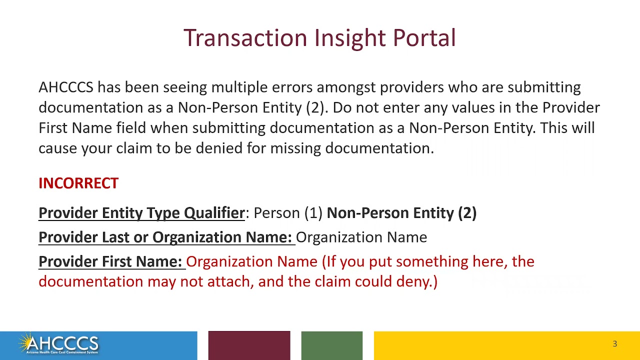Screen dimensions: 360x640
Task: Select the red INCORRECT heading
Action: [78, 183]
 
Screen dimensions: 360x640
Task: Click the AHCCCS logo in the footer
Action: [59, 344]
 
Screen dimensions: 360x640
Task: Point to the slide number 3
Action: [614, 344]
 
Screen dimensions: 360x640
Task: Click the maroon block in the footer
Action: [249, 345]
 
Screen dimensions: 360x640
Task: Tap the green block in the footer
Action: [331, 345]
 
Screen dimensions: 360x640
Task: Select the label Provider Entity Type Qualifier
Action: [141, 213]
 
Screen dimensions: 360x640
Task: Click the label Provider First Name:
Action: [110, 261]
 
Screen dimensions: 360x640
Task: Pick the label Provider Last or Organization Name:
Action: [165, 237]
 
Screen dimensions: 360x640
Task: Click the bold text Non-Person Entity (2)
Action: [401, 213]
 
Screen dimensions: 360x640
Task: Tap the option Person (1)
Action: [288, 213]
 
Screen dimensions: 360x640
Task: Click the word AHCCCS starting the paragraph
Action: [66, 87]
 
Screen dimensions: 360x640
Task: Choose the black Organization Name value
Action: [361, 237]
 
